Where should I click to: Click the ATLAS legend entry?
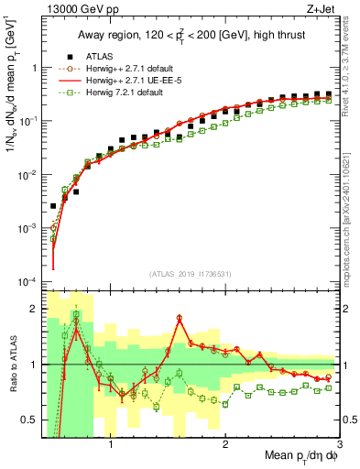point(99,56)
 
